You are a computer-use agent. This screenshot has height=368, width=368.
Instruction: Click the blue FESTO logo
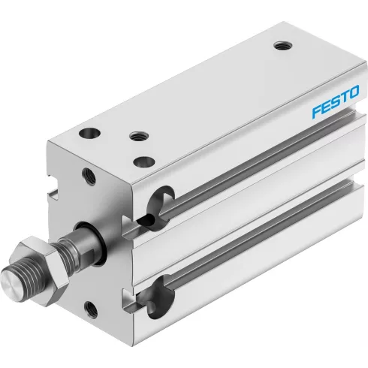(x=335, y=101)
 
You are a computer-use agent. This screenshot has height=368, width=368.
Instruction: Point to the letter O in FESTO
(x=354, y=92)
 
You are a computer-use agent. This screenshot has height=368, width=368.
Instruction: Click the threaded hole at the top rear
(x=283, y=46)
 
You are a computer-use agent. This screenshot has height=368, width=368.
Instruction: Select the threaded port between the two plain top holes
(x=139, y=136)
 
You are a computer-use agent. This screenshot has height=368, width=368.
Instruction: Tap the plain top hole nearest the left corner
(x=89, y=133)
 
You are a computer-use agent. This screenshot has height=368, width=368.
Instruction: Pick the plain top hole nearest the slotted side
(x=144, y=161)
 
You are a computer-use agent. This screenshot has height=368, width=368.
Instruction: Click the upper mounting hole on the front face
(x=89, y=176)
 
